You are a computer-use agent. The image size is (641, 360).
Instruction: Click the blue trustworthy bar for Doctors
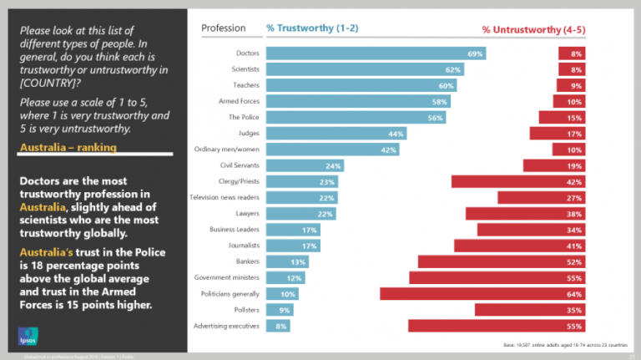[x=376, y=53]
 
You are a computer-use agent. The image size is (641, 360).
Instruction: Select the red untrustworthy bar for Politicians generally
[x=482, y=294]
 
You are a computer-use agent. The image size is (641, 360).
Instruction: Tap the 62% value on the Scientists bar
[x=453, y=69]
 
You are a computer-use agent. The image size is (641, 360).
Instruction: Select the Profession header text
[x=223, y=28]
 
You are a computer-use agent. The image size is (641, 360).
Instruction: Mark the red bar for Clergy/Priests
[x=517, y=181]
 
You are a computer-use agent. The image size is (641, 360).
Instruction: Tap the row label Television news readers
[x=225, y=197]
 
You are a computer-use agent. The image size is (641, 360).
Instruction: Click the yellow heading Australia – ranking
[x=68, y=148]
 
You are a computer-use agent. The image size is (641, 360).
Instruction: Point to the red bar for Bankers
[x=501, y=261]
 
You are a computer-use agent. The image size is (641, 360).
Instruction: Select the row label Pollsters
[x=245, y=310]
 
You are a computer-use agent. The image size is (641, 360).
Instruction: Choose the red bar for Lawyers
[x=525, y=214]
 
